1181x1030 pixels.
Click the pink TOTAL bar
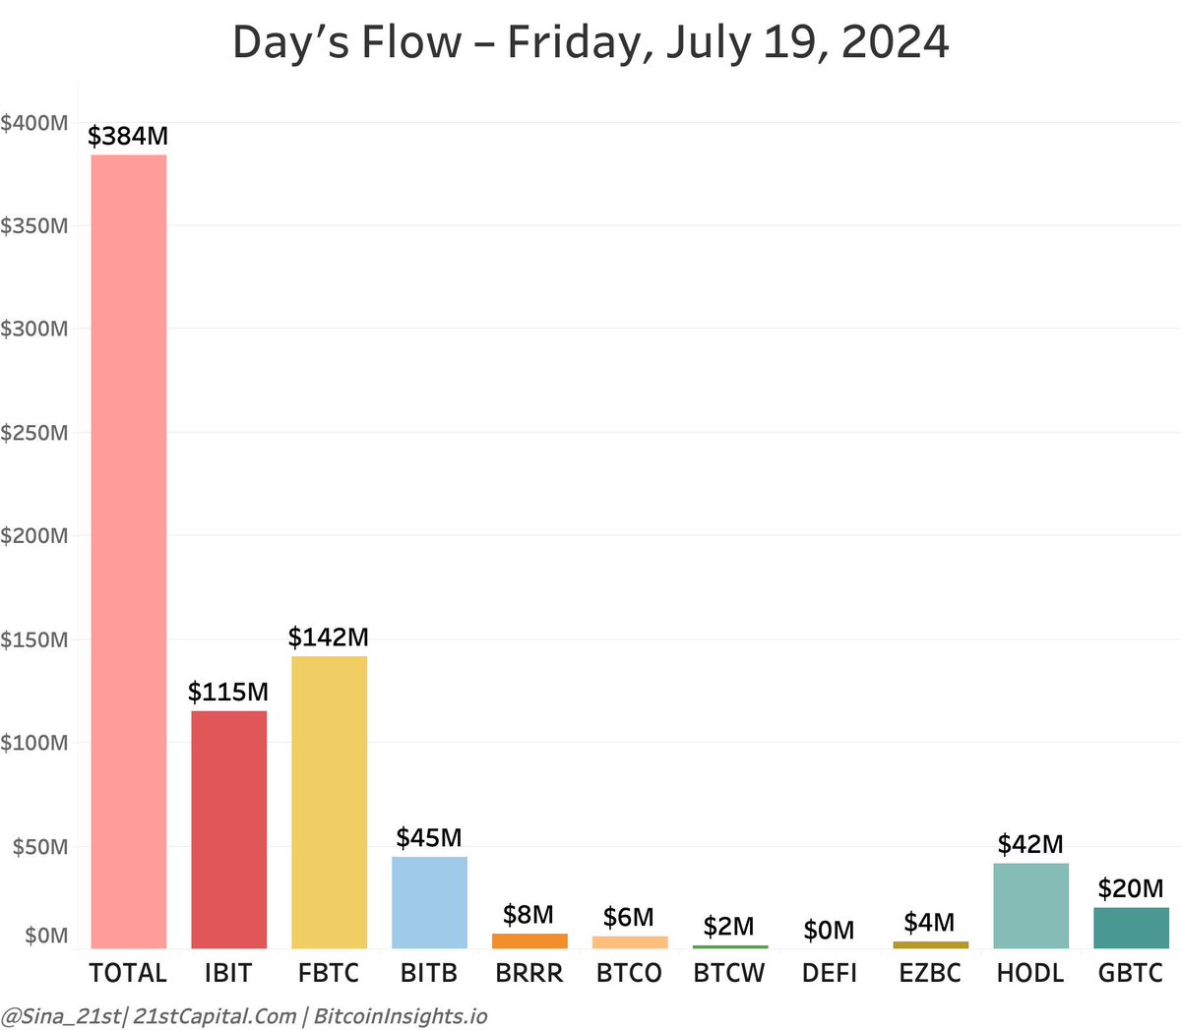tap(129, 551)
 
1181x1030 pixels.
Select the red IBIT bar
tap(228, 829)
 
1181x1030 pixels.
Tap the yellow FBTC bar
tap(329, 802)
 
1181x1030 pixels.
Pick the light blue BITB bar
tap(429, 902)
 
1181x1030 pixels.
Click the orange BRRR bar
tap(529, 941)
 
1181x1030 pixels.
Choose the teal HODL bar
tap(1030, 905)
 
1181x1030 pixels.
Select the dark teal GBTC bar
tap(1131, 928)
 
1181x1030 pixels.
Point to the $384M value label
tap(128, 136)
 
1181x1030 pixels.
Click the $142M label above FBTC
tap(329, 637)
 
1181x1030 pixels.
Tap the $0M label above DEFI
tap(829, 931)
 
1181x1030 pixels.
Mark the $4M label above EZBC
tap(929, 923)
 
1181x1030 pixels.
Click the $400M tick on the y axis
tap(34, 123)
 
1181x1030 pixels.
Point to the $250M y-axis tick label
tap(34, 433)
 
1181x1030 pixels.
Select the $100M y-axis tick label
tap(34, 744)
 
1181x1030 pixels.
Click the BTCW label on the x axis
tap(729, 973)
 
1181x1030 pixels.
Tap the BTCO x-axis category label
tap(629, 973)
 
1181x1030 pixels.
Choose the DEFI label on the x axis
tap(830, 973)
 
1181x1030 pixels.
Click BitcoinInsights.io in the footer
tap(401, 1016)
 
